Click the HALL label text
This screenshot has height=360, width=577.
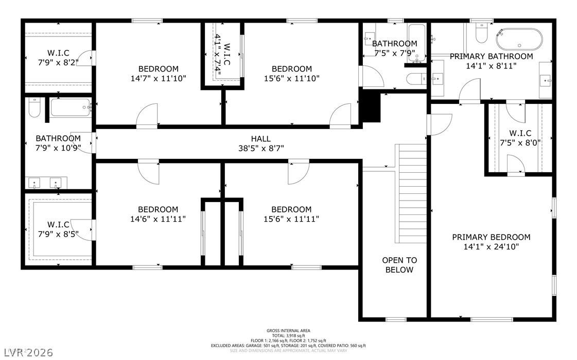click(x=260, y=139)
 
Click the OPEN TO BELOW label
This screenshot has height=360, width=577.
click(x=399, y=265)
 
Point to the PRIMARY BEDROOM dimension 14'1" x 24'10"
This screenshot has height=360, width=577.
click(x=491, y=246)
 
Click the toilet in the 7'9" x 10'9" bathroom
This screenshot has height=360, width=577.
click(x=34, y=107)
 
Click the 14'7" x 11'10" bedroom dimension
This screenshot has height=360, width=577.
click(x=159, y=78)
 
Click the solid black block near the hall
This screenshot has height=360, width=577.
click(x=371, y=107)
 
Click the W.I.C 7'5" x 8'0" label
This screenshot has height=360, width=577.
click(x=520, y=138)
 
